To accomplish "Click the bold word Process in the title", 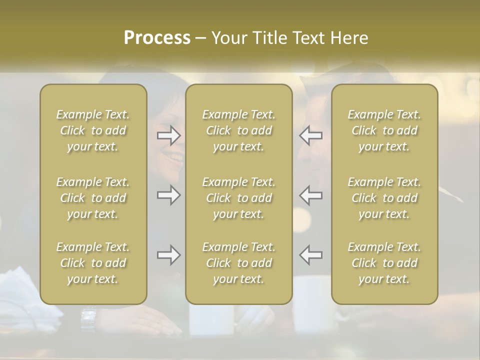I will click(157, 37).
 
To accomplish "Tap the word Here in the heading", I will click(349, 37).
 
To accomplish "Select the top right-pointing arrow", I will click(169, 135).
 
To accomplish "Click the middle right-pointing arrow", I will click(169, 195).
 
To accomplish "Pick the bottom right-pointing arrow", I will click(169, 255).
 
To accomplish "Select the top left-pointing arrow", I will click(311, 135).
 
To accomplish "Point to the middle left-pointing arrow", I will click(311, 195).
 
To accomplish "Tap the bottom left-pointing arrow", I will click(311, 255).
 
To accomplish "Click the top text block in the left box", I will click(93, 130).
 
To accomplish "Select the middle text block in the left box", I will click(93, 198).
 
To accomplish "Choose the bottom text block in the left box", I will click(93, 263).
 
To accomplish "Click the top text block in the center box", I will click(239, 130).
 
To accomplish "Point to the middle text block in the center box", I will click(239, 198).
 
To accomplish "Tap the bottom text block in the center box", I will click(239, 263).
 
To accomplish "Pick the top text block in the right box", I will click(384, 130).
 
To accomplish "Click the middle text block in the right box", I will click(384, 198).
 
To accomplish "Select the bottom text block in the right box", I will click(384, 263).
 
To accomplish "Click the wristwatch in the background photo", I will click(88, 315).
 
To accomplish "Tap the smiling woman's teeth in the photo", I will click(175, 158).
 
